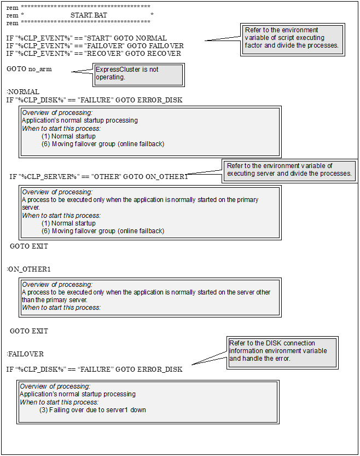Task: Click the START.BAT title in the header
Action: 89,15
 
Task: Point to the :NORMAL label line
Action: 23,92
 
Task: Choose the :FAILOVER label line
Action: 25,354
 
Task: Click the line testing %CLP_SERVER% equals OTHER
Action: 98,177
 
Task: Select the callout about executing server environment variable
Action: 289,170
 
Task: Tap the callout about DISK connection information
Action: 282,351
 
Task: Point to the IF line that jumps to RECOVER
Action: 94,54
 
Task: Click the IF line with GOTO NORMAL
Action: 86,38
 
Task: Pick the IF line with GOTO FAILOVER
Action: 95,46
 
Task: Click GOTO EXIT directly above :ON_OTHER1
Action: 29,246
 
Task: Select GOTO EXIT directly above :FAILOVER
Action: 29,331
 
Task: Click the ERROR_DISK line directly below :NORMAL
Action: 94,100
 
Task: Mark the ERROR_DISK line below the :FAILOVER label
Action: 94,370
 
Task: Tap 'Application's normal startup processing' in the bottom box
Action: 78,394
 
